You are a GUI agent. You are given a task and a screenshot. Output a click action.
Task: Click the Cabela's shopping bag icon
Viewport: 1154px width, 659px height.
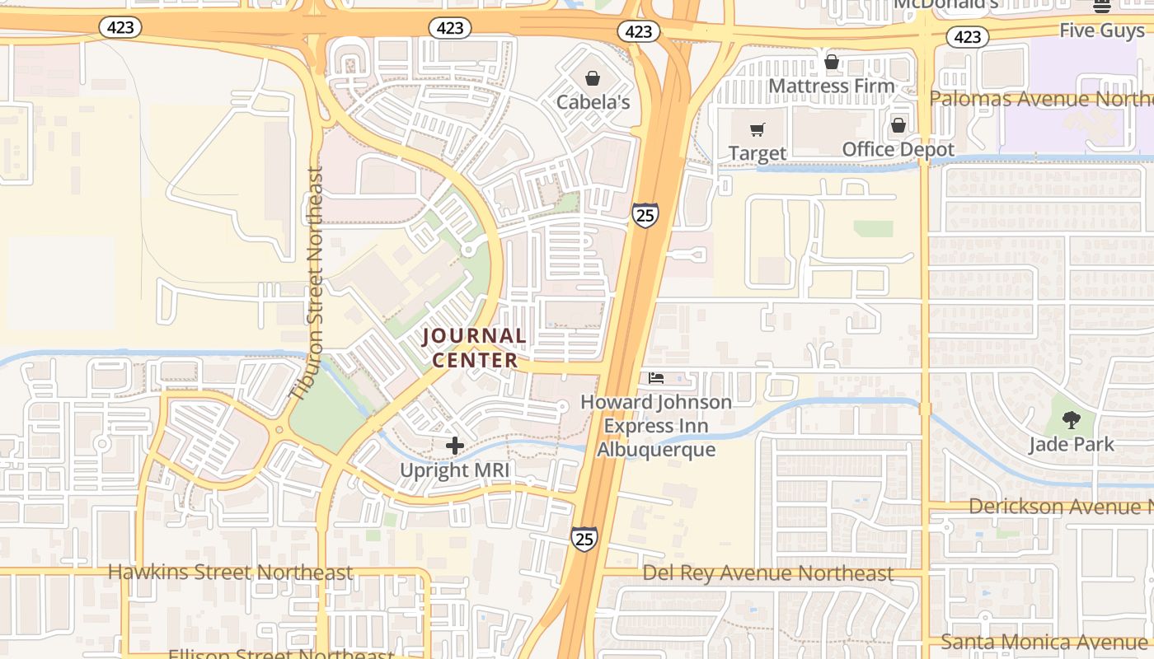(592, 78)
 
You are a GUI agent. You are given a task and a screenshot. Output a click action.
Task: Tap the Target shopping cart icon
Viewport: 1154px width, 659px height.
(758, 129)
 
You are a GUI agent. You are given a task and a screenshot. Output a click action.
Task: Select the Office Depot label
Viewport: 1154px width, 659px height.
(898, 149)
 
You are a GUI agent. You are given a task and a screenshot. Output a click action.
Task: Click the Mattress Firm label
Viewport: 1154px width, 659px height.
(831, 86)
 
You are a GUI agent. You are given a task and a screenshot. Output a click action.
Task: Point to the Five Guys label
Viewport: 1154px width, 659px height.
(1101, 30)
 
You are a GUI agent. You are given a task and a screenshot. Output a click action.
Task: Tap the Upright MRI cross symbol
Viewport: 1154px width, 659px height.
(455, 446)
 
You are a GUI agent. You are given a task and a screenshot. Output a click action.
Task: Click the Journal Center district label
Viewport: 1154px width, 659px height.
(475, 348)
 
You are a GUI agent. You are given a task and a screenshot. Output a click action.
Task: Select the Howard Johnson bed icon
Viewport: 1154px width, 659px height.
(656, 378)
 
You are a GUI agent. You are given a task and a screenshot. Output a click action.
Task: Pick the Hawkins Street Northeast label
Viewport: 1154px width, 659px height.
(230, 572)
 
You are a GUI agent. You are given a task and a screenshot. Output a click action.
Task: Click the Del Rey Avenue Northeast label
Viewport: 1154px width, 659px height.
(767, 573)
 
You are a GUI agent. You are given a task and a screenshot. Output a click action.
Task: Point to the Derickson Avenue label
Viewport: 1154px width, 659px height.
(1060, 506)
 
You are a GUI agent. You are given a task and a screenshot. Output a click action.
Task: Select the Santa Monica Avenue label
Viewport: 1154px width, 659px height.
(1047, 641)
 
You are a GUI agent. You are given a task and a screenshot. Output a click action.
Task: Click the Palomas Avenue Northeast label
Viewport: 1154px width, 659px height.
(1041, 99)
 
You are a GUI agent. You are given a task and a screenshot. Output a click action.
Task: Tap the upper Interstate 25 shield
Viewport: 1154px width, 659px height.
(645, 215)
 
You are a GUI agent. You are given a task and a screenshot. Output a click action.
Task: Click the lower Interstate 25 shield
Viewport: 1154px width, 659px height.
(584, 540)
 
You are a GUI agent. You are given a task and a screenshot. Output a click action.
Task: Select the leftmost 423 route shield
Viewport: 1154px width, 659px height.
(120, 27)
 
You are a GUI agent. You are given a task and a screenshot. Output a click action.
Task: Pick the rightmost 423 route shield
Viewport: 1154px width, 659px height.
(967, 36)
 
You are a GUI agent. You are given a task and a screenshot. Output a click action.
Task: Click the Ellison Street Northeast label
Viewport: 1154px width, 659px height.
(280, 654)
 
